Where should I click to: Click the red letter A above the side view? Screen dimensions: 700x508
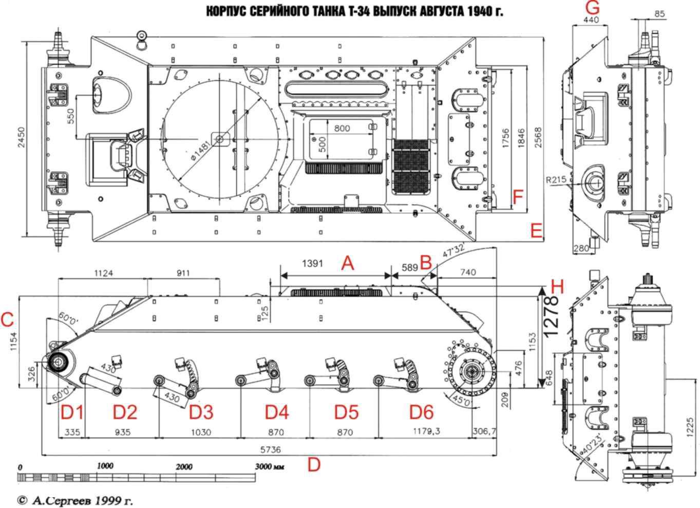click(348, 263)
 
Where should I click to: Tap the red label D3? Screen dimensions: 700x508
click(201, 412)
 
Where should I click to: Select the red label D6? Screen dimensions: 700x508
click(422, 412)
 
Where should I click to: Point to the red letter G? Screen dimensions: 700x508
click(592, 8)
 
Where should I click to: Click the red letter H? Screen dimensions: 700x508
click(557, 287)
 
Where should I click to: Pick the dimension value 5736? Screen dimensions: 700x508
click(271, 450)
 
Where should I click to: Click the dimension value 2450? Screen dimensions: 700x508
click(21, 137)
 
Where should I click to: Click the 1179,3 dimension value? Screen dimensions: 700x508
click(427, 431)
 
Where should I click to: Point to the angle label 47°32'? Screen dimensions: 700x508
click(453, 250)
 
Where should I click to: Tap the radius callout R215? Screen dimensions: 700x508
click(556, 180)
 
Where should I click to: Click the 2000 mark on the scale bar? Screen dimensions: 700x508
click(184, 467)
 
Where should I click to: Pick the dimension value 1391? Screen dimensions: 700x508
click(312, 264)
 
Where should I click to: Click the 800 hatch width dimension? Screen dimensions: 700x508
click(342, 128)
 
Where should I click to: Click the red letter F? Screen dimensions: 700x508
click(518, 197)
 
